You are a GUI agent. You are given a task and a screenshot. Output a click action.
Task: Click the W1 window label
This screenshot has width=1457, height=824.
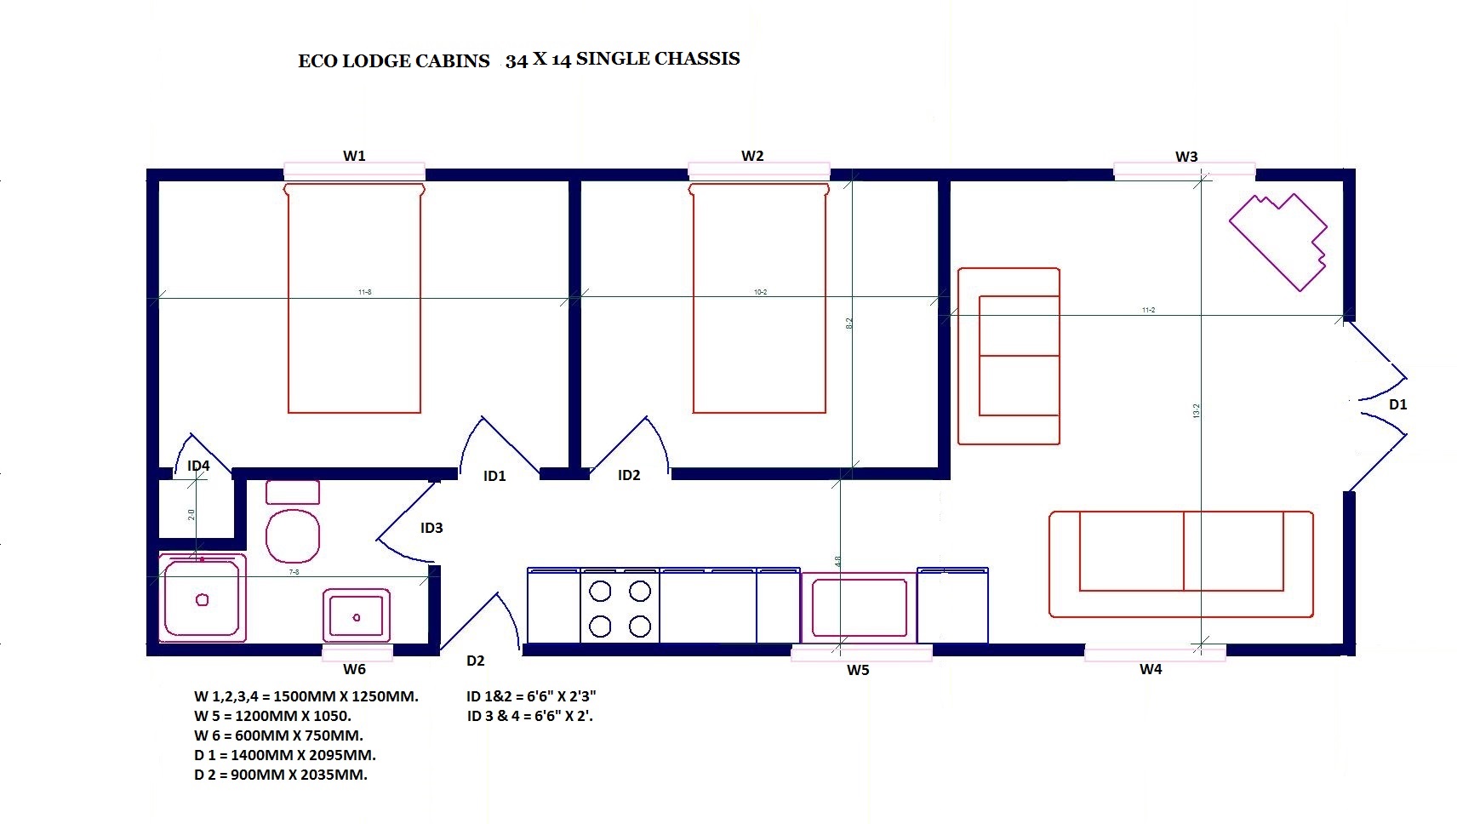point(354,156)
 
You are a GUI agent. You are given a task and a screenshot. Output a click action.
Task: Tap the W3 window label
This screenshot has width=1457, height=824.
point(1186,157)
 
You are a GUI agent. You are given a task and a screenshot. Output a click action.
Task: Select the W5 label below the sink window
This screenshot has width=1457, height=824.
point(858,670)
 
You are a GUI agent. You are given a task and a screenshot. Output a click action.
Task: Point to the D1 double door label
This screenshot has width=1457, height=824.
point(1398,404)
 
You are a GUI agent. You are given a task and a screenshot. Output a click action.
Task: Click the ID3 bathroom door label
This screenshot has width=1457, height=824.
point(431,528)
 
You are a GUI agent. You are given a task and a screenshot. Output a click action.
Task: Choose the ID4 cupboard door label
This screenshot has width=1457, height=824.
point(198,466)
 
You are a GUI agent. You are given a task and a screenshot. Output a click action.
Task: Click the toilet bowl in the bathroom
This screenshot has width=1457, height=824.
point(293,535)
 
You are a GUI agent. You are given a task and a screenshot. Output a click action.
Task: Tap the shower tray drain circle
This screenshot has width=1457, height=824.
point(203,600)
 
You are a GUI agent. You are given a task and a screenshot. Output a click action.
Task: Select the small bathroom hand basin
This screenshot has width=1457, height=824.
point(356,615)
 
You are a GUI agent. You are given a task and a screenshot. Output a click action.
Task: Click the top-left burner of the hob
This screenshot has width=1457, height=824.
point(600,591)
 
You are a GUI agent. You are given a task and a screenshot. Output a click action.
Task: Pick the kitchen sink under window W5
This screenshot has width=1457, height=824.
point(859,607)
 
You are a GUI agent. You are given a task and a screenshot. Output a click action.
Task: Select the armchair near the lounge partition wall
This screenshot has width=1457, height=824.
point(1009,356)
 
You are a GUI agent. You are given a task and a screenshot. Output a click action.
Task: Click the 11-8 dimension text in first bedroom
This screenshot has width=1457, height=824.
point(364,292)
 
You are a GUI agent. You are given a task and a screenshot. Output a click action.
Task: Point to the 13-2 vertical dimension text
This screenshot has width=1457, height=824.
point(1196,411)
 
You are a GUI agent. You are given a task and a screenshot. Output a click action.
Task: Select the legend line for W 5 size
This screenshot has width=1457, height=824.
point(272,716)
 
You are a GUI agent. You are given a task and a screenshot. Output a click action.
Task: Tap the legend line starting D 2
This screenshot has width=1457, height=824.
point(281,775)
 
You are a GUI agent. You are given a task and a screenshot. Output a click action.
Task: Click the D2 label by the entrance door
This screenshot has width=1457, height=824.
point(475,661)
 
